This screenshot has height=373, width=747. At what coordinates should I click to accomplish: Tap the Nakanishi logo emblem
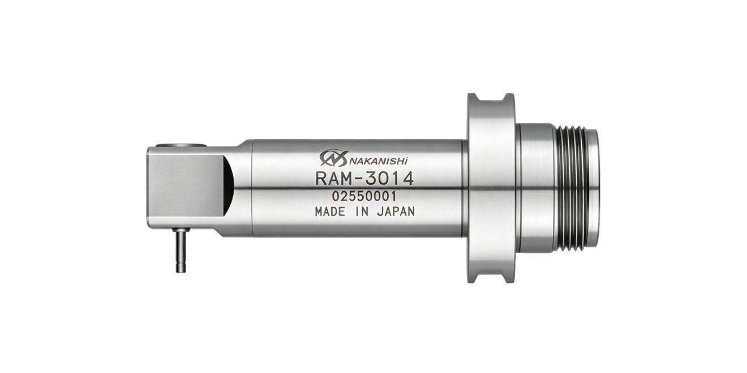[334, 158]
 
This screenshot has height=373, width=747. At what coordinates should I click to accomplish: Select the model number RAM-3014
[364, 179]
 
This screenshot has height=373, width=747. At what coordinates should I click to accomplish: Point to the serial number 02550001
[364, 197]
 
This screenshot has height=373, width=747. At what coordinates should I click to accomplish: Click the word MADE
[330, 212]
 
